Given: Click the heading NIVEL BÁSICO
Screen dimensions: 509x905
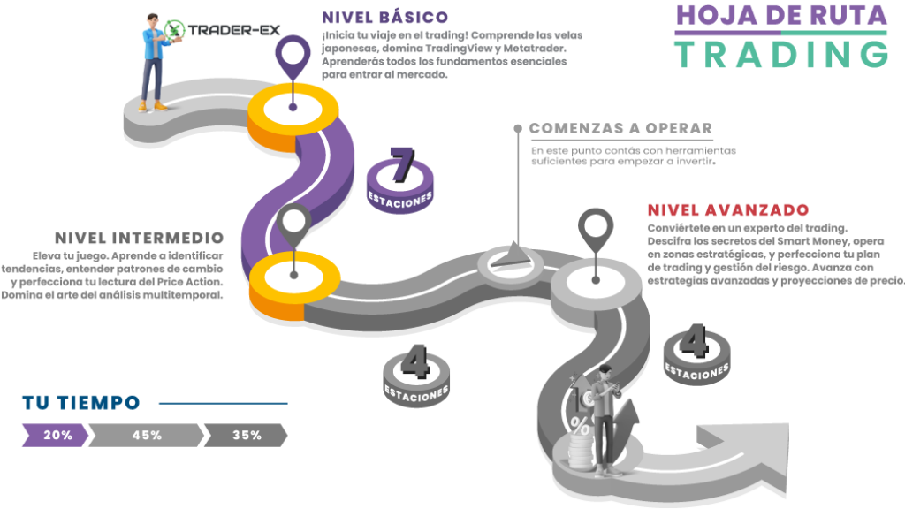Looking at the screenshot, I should click(x=385, y=18).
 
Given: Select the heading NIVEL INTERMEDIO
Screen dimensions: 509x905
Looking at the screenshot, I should click(x=139, y=239).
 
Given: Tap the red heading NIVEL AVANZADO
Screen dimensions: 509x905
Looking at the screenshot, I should click(x=726, y=210).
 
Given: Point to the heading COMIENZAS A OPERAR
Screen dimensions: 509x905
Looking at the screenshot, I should click(x=620, y=129).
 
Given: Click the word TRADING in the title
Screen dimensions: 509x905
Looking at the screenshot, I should click(x=781, y=55).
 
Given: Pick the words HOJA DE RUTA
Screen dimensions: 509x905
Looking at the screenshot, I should click(x=781, y=15).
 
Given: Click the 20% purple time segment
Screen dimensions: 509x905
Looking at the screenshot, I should click(x=56, y=435).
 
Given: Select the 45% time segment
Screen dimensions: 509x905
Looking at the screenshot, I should click(x=146, y=435).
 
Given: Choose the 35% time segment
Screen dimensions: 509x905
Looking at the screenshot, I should click(x=246, y=435).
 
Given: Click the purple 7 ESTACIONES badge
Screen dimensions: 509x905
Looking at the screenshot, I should click(x=400, y=176).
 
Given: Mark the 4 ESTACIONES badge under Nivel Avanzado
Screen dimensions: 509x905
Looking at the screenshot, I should click(x=696, y=352).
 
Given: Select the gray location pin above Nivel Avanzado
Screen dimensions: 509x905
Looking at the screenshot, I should click(x=595, y=230).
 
